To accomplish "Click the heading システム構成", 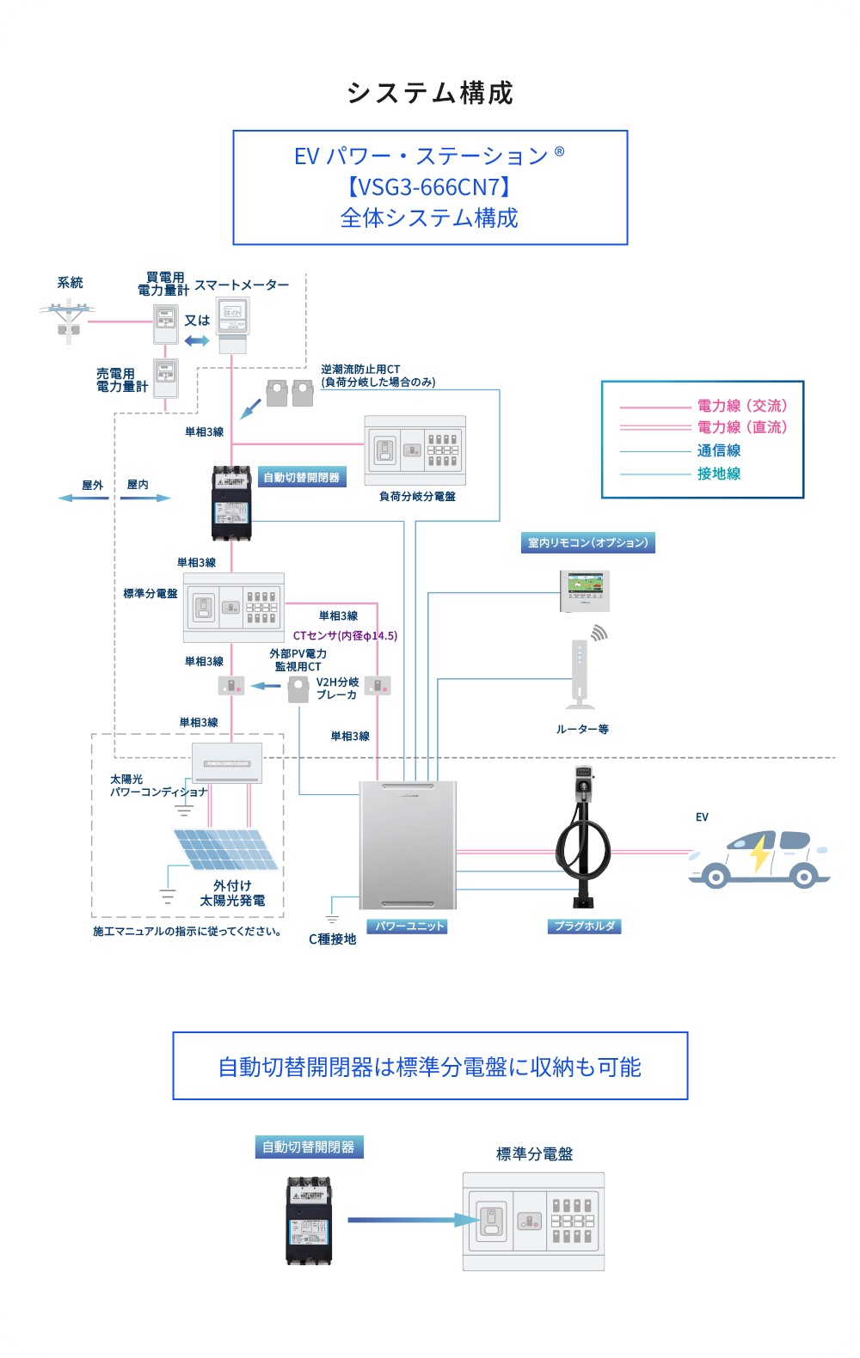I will click(430, 93).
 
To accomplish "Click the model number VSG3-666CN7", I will click(430, 187).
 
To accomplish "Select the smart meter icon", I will click(232, 320).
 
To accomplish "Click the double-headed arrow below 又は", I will click(197, 340).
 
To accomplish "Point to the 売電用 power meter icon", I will click(165, 376).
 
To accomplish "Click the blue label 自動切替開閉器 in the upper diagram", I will click(302, 477).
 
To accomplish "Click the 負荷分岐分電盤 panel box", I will click(415, 450).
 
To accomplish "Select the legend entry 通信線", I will click(719, 450).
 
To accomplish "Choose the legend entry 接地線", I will click(719, 474).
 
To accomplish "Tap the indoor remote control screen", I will click(584, 590).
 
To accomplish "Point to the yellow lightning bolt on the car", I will click(760, 854).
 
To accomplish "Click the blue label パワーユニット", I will click(408, 926).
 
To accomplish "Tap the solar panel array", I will click(224, 849).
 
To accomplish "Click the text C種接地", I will click(333, 939).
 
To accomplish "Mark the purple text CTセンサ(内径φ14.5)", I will click(345, 636).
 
